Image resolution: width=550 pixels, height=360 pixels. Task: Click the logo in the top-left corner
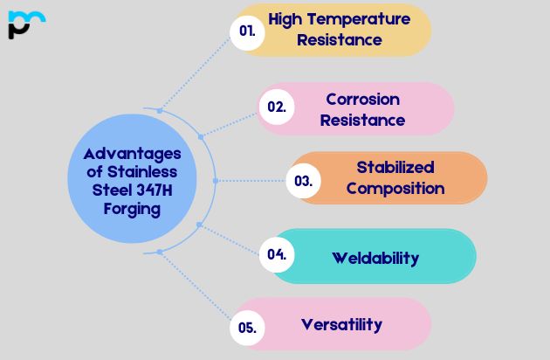(24, 24)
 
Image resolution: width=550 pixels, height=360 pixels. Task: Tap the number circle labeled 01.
(248, 31)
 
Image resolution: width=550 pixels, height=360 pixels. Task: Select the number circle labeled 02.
(277, 107)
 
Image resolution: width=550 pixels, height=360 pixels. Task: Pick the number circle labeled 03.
(304, 181)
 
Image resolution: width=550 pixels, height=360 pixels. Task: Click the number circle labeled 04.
(277, 255)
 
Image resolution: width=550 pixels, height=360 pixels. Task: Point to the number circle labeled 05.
(247, 328)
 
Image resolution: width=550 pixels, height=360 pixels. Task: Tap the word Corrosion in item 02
(362, 99)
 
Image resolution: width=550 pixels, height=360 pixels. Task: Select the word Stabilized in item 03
(395, 167)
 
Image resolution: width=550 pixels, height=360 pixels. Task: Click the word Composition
(395, 188)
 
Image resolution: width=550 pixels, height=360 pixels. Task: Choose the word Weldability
(375, 258)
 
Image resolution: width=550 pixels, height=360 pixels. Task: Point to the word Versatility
(341, 324)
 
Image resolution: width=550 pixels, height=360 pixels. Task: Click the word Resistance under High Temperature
(340, 39)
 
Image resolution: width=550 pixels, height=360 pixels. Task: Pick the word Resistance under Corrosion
(362, 120)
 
